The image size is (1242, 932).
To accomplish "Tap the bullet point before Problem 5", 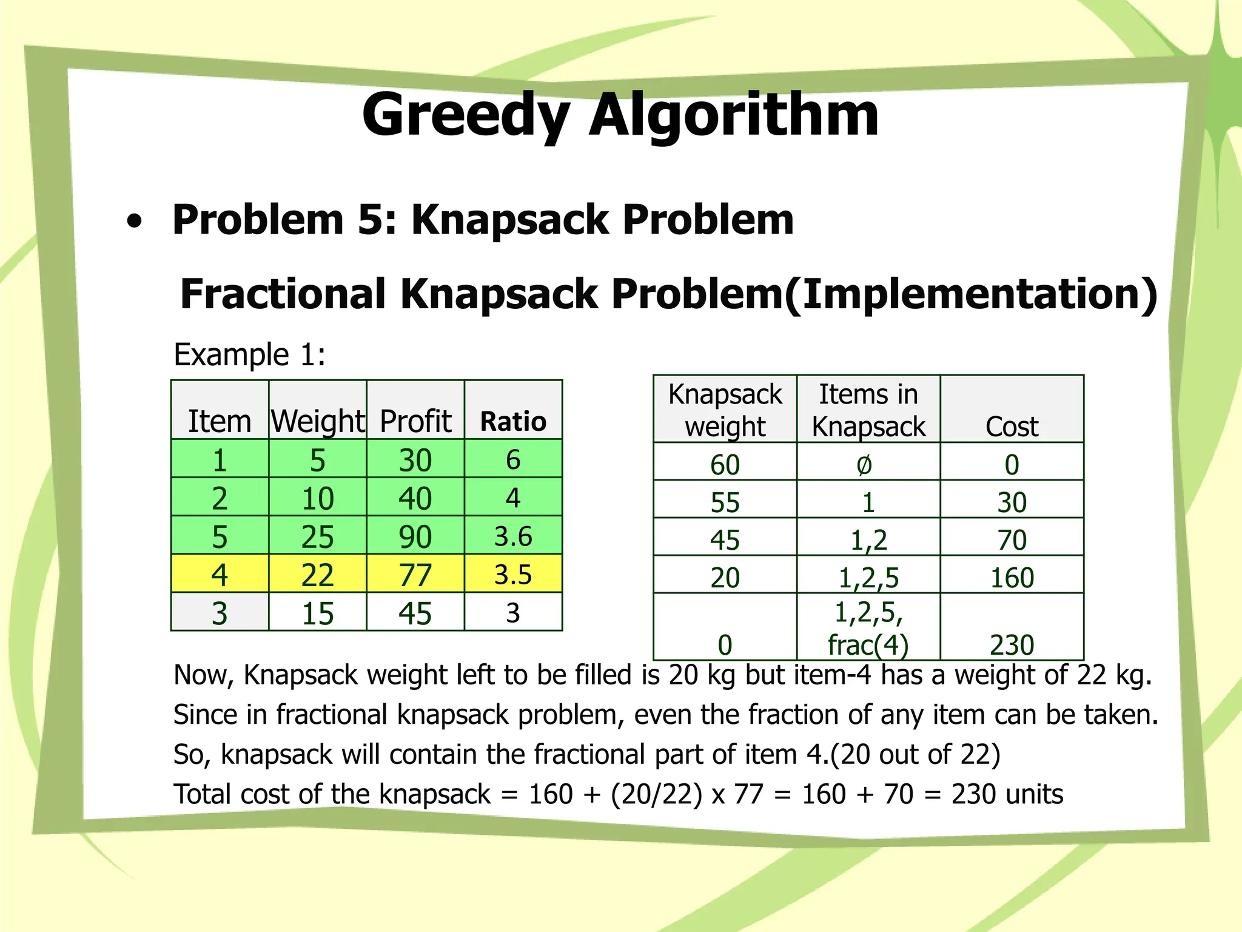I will click(x=135, y=221).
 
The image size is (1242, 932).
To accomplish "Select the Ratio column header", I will click(x=513, y=421).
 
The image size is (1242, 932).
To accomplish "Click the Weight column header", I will click(x=318, y=421).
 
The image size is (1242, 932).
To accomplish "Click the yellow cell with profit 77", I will click(x=415, y=575).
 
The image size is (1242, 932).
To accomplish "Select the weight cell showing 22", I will click(x=318, y=575).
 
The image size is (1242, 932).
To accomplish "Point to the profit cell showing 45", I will click(x=415, y=613).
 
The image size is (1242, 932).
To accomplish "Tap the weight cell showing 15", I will click(x=318, y=613).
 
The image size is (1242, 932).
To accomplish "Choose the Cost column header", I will click(x=1012, y=426).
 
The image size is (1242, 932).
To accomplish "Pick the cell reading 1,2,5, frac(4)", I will click(x=868, y=628).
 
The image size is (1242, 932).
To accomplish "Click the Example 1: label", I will click(x=249, y=354).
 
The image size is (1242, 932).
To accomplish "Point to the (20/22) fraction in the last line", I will click(x=656, y=794).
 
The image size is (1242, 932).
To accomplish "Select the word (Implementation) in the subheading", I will click(x=970, y=294).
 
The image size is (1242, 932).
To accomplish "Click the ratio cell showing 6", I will click(x=513, y=459).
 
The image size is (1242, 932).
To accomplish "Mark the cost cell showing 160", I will click(x=1012, y=577).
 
